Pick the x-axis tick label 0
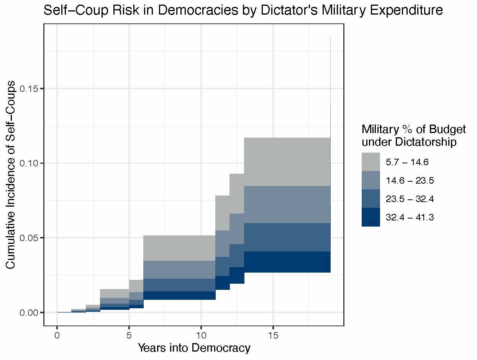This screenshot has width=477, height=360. click(57, 335)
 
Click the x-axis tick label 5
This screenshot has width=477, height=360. click(129, 335)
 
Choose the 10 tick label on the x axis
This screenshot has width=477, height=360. click(201, 335)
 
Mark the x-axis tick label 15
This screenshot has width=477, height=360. click(273, 335)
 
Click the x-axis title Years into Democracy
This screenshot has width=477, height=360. click(194, 348)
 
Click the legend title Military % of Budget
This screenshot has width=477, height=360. click(414, 130)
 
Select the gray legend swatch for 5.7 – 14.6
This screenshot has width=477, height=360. click(371, 162)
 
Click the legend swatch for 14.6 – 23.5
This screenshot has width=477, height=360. click(371, 180)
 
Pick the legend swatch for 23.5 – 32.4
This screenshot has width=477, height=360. click(371, 199)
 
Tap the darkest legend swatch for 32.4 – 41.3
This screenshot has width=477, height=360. click(371, 217)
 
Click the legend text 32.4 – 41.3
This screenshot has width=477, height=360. click(410, 218)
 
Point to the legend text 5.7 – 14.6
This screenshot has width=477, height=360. click(407, 162)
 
